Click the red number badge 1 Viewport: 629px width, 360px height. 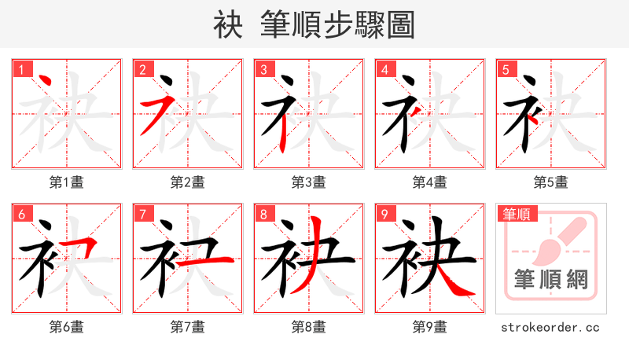[21, 68]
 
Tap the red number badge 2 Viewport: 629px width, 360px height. [142, 68]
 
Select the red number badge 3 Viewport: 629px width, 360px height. [263, 68]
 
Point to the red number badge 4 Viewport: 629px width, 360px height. [384, 68]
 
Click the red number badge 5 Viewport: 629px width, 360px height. [506, 68]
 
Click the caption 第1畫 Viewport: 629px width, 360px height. [67, 182]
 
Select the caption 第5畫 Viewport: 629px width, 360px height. [550, 182]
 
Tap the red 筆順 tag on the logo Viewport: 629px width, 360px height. [516, 213]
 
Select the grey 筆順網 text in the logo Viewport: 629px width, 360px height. [551, 278]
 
